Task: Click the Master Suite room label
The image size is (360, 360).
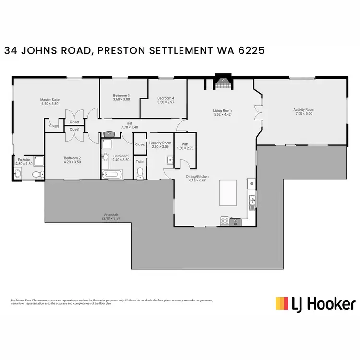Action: (x=49, y=100)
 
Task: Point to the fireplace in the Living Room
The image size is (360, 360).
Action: (x=222, y=84)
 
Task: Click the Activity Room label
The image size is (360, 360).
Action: (x=303, y=110)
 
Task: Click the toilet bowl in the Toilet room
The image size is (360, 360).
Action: (x=140, y=172)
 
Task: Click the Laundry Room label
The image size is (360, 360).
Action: (x=160, y=143)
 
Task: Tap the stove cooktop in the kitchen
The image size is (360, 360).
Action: (x=224, y=221)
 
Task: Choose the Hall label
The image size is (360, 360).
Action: (x=130, y=123)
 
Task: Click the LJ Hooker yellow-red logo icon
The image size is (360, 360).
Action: (x=282, y=303)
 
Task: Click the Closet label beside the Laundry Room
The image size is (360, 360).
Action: (x=140, y=144)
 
